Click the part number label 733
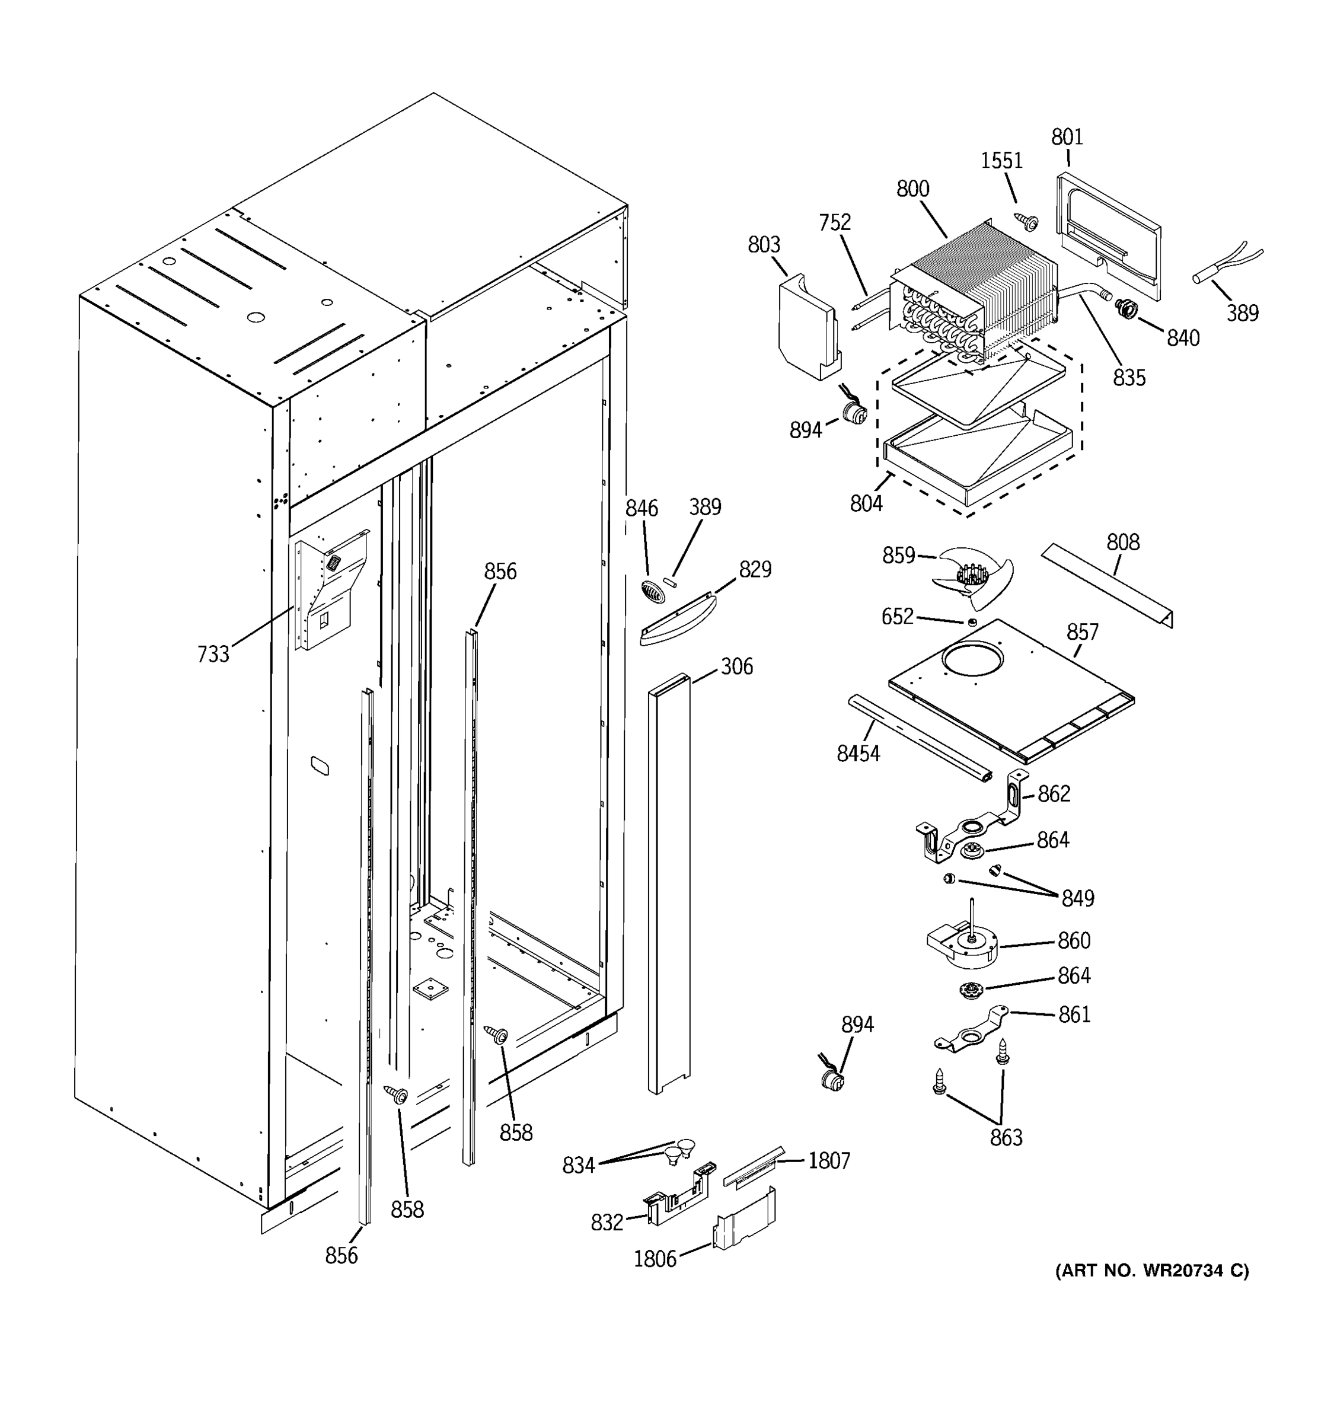point(213,653)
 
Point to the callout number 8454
point(858,753)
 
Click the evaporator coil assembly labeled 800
point(974,293)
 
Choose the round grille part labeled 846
point(651,591)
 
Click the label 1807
point(829,1160)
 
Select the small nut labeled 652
point(972,622)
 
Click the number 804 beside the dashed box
point(866,503)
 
